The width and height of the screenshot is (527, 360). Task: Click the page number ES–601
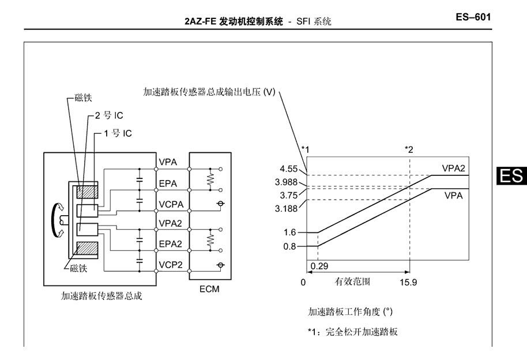[473, 17]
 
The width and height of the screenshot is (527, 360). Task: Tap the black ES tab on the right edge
[511, 176]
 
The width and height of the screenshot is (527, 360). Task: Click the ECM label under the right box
[209, 289]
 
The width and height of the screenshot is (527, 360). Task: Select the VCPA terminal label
[171, 204]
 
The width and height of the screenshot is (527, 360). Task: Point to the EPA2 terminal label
[171, 243]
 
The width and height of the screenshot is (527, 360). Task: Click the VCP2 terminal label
[171, 265]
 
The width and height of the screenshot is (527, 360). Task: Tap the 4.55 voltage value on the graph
[289, 168]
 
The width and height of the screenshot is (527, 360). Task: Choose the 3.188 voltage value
[287, 209]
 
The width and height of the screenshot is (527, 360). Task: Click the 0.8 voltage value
[289, 246]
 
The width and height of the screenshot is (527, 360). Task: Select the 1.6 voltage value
[289, 232]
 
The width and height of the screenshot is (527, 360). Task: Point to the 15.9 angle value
[408, 282]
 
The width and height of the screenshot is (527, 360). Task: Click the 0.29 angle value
[319, 266]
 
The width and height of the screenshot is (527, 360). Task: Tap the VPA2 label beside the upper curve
[453, 168]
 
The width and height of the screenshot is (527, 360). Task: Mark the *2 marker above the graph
[409, 149]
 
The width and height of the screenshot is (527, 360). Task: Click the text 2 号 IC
[109, 115]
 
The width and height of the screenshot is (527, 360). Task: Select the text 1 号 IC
[118, 134]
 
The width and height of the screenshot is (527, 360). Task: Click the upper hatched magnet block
[88, 192]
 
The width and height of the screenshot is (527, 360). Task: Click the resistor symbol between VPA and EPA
[210, 179]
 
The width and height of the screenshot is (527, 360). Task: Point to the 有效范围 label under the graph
[352, 282]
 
